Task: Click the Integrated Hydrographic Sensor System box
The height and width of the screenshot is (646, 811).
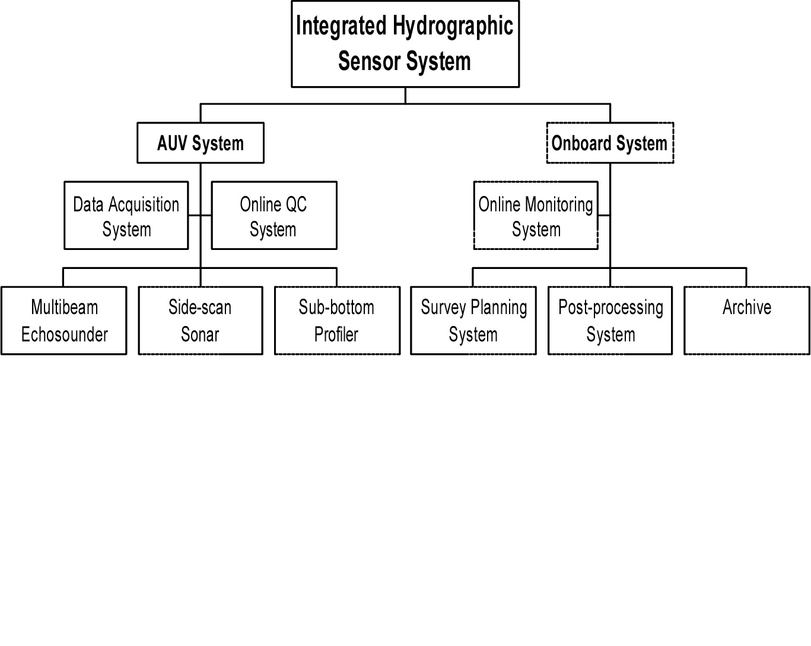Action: tap(405, 44)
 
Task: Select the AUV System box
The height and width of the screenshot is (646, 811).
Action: tap(201, 142)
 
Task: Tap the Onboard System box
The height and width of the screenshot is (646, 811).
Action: tap(610, 142)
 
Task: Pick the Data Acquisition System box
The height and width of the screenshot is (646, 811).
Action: tap(126, 216)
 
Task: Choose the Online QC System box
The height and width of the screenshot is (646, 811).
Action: tap(274, 216)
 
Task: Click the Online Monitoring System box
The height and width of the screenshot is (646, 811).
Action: tap(536, 216)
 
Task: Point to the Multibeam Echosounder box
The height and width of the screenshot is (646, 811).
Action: tap(63, 321)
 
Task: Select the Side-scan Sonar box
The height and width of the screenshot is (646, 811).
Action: tap(201, 321)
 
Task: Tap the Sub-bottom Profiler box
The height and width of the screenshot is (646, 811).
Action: tap(338, 321)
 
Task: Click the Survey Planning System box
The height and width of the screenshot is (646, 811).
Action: tap(473, 321)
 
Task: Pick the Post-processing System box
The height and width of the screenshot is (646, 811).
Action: tap(610, 321)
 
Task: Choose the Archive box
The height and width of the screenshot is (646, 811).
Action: tap(747, 321)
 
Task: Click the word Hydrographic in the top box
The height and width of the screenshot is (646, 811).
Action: tap(453, 26)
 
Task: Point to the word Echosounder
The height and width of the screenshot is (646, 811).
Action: tap(65, 334)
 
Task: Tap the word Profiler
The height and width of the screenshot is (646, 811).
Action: tap(336, 334)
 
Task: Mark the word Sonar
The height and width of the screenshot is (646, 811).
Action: tap(200, 334)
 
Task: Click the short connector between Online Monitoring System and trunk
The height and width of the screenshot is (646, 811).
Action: tap(604, 216)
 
